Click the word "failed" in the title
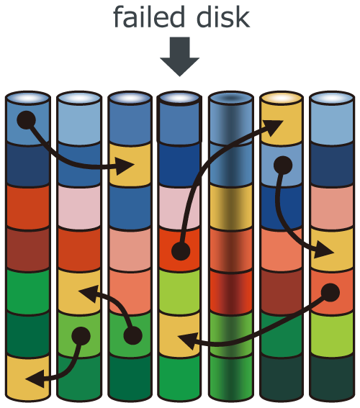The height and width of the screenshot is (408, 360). pos(149,17)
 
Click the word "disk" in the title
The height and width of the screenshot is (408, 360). pos(223,17)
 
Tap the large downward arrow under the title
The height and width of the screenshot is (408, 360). pos(179,57)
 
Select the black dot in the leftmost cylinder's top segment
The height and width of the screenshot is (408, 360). pos(27,120)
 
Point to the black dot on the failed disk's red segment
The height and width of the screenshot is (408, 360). pos(181,251)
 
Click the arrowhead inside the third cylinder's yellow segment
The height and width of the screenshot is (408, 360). pos(125,166)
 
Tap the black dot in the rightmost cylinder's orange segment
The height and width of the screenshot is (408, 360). pos(330,293)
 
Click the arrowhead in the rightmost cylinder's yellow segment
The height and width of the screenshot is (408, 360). pos(324,250)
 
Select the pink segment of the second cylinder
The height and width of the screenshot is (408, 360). pos(79,207)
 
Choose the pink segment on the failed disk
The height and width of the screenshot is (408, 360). pos(179,207)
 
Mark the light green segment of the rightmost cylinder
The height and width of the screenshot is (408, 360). pos(332,334)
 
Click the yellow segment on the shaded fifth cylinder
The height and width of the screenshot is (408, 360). pos(231,207)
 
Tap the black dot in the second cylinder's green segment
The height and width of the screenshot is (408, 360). pos(81,336)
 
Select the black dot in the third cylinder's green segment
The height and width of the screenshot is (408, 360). pos(132,335)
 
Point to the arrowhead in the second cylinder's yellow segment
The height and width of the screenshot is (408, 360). pos(89,294)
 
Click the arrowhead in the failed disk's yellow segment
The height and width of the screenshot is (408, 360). pos(188,340)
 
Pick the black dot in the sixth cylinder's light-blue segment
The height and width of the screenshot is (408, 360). pos(283,166)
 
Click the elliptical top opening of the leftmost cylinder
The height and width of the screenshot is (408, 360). pos(28,98)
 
